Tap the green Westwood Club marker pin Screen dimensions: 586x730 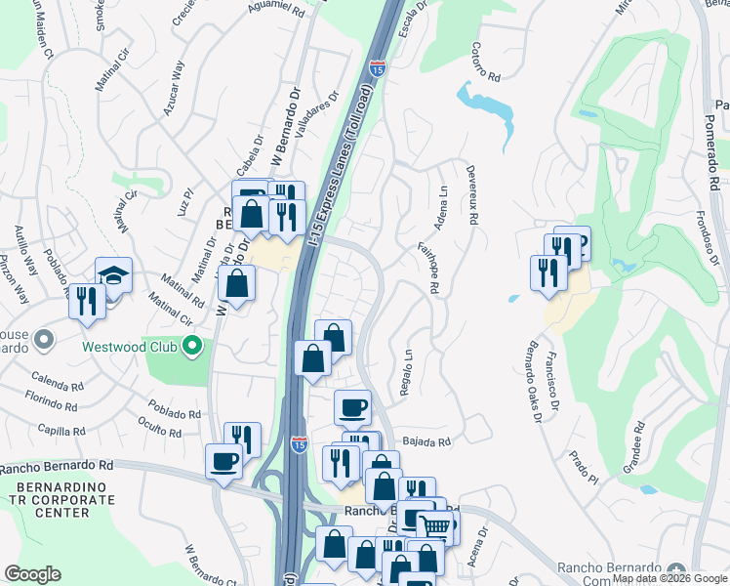[x=193, y=346]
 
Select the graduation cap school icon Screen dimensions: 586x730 [x=114, y=276]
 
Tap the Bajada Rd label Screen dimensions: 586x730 [x=430, y=442]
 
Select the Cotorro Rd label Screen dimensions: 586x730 [x=485, y=62]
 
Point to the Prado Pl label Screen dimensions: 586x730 [x=585, y=473]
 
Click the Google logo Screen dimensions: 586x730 [x=33, y=574]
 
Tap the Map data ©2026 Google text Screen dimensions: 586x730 [x=669, y=578]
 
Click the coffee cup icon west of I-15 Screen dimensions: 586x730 [x=223, y=460]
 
